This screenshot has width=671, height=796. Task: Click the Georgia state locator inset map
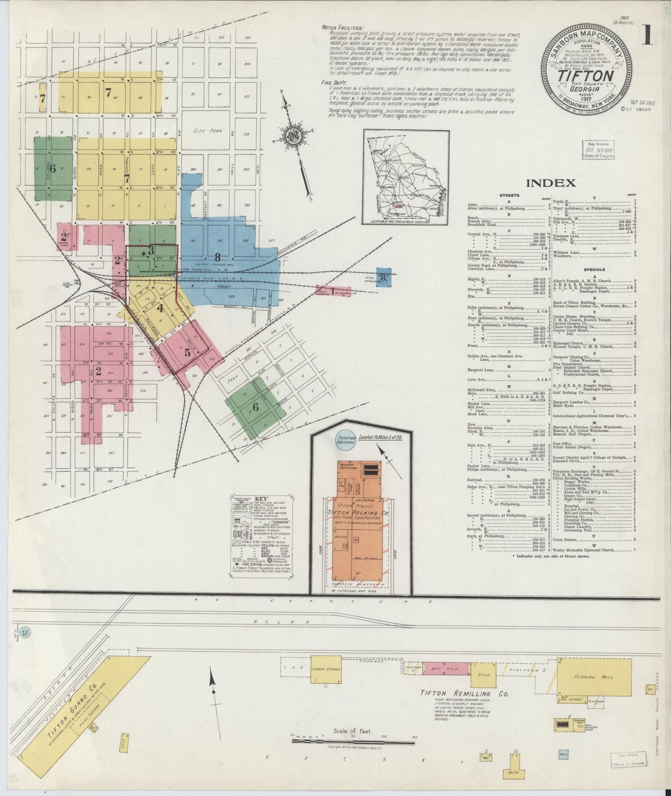pyautogui.click(x=405, y=177)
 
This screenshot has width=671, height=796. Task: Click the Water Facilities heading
pyautogui.click(x=343, y=27)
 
